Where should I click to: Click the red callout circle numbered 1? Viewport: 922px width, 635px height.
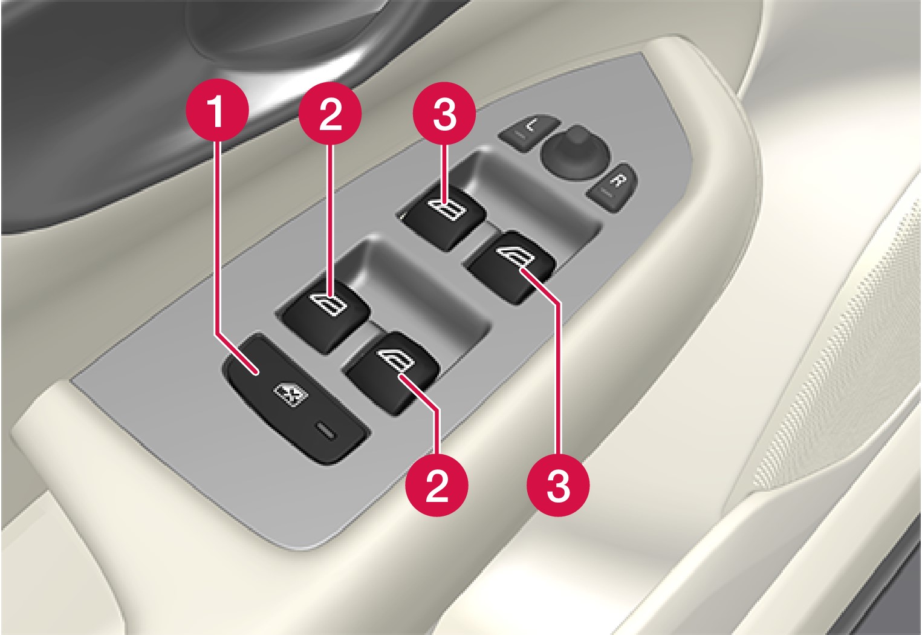(x=217, y=112)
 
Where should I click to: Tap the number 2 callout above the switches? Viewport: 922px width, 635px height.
(x=330, y=114)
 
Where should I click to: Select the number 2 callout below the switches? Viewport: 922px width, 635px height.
(x=437, y=484)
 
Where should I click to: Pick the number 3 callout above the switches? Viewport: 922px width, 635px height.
(x=444, y=114)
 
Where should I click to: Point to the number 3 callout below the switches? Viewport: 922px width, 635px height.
(x=557, y=486)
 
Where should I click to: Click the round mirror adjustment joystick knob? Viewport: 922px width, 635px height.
(x=568, y=150)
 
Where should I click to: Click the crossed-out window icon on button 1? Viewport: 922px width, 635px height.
(x=291, y=394)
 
